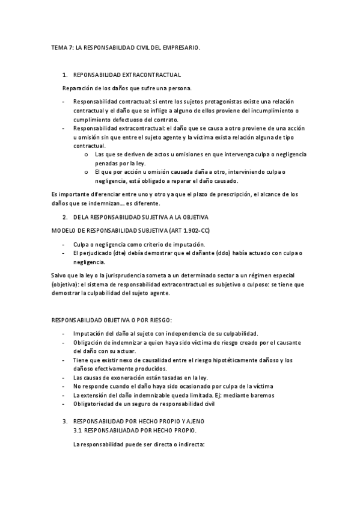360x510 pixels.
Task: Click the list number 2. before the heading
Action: tap(65, 216)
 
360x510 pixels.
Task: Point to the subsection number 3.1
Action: tap(76, 431)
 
